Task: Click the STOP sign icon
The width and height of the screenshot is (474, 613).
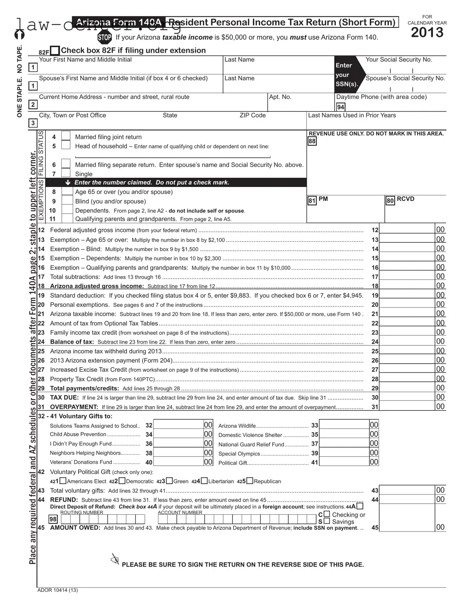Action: click(x=104, y=37)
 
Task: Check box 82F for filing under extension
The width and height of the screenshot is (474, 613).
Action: click(x=55, y=51)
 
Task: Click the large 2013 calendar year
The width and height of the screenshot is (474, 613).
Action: click(x=427, y=33)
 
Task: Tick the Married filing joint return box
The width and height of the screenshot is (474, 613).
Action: click(x=66, y=136)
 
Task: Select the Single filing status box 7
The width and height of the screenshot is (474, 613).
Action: click(x=66, y=173)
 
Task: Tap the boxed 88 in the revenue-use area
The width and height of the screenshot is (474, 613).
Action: click(x=312, y=141)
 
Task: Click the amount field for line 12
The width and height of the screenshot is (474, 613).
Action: click(x=407, y=230)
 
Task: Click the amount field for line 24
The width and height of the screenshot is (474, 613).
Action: click(x=407, y=342)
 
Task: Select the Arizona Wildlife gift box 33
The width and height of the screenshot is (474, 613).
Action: click(x=344, y=425)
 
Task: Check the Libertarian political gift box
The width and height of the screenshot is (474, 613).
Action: click(x=204, y=481)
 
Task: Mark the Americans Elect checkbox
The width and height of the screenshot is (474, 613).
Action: click(x=63, y=481)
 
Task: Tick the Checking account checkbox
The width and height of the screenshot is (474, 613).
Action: click(x=327, y=514)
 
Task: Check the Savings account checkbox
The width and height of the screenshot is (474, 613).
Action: click(x=327, y=521)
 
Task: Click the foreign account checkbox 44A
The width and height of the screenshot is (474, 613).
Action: click(x=360, y=506)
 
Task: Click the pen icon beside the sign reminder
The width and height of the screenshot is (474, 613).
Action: click(x=115, y=559)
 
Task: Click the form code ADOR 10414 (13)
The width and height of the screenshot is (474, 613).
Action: click(x=58, y=590)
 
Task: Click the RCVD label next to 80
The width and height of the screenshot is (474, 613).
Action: click(x=405, y=199)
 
